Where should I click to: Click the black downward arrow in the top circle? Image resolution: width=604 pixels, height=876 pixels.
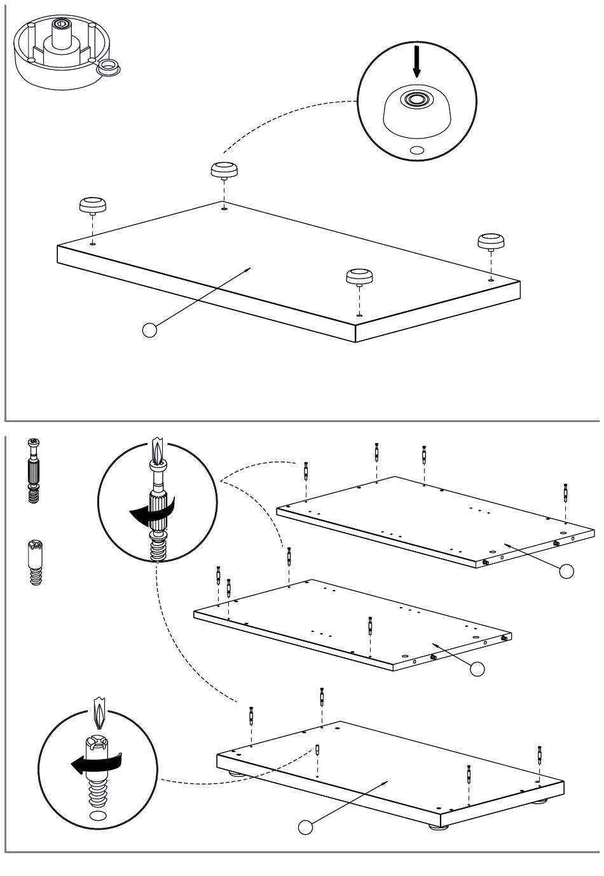point(416,62)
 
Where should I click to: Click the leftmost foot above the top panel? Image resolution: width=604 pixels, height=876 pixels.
point(92,205)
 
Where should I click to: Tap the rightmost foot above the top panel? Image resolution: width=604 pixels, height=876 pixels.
point(491,241)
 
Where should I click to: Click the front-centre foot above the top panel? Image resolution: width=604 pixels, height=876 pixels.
point(359,277)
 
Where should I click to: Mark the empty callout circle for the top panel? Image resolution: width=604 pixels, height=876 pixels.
point(150,330)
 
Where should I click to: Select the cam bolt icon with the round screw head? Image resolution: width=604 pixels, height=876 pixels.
point(34,470)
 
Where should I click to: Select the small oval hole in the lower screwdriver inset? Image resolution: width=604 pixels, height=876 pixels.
point(99,816)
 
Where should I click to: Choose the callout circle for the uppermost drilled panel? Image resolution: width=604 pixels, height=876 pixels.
point(566,571)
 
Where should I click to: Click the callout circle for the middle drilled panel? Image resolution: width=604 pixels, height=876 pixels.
point(477,668)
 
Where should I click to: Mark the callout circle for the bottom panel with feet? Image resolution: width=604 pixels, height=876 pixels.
point(306,827)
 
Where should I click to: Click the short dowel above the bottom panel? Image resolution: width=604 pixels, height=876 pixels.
point(317,750)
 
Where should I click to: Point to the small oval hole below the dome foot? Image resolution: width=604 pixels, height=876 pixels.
point(417,151)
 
